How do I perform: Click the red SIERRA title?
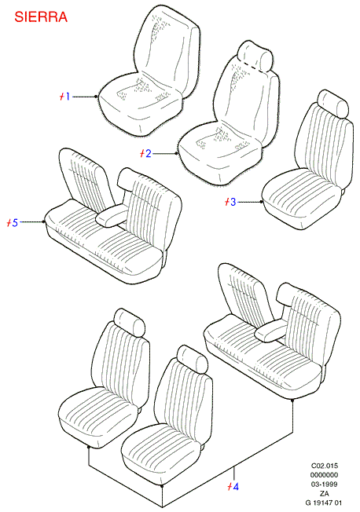pos(41,17)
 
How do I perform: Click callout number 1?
pos(67,97)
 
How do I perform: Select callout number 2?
pos(148,153)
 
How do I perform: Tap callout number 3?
pos(233,202)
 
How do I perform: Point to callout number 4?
pos(236,487)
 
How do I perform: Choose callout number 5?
pos(14,223)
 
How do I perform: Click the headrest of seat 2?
pos(255,56)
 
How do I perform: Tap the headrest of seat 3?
pos(332,104)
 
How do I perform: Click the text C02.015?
pos(325,466)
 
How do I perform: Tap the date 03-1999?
pos(325,485)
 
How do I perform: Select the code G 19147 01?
pos(324,503)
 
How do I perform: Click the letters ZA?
pos(325,493)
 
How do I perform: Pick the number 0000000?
pos(325,475)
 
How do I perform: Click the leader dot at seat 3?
pos(261,202)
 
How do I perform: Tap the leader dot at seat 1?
pos(95,97)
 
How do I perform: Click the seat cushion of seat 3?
pos(302,199)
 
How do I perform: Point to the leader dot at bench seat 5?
pos(43,221)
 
